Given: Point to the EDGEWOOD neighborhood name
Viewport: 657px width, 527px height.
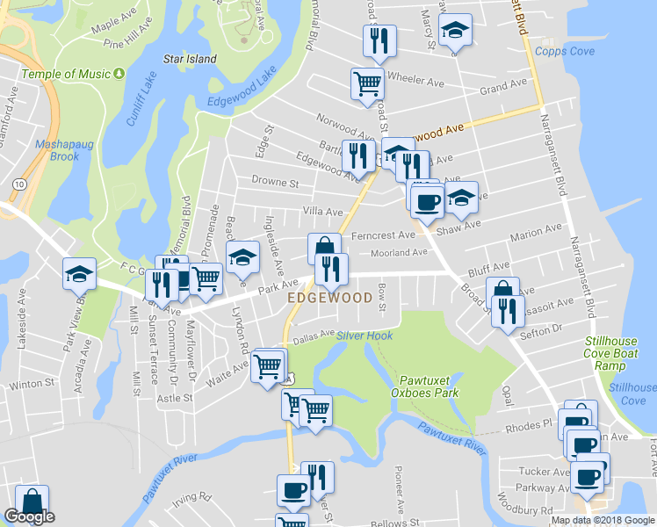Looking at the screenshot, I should point(329,299).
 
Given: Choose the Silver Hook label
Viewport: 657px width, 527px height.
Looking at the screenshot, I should point(364,336).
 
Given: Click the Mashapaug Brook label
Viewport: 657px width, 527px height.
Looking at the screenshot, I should point(58,150).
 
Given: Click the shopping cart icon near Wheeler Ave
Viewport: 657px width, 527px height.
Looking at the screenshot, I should point(367,83).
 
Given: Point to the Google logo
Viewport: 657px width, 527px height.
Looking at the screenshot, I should point(29,517).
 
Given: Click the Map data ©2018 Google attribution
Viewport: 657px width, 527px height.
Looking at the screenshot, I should point(603,520).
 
